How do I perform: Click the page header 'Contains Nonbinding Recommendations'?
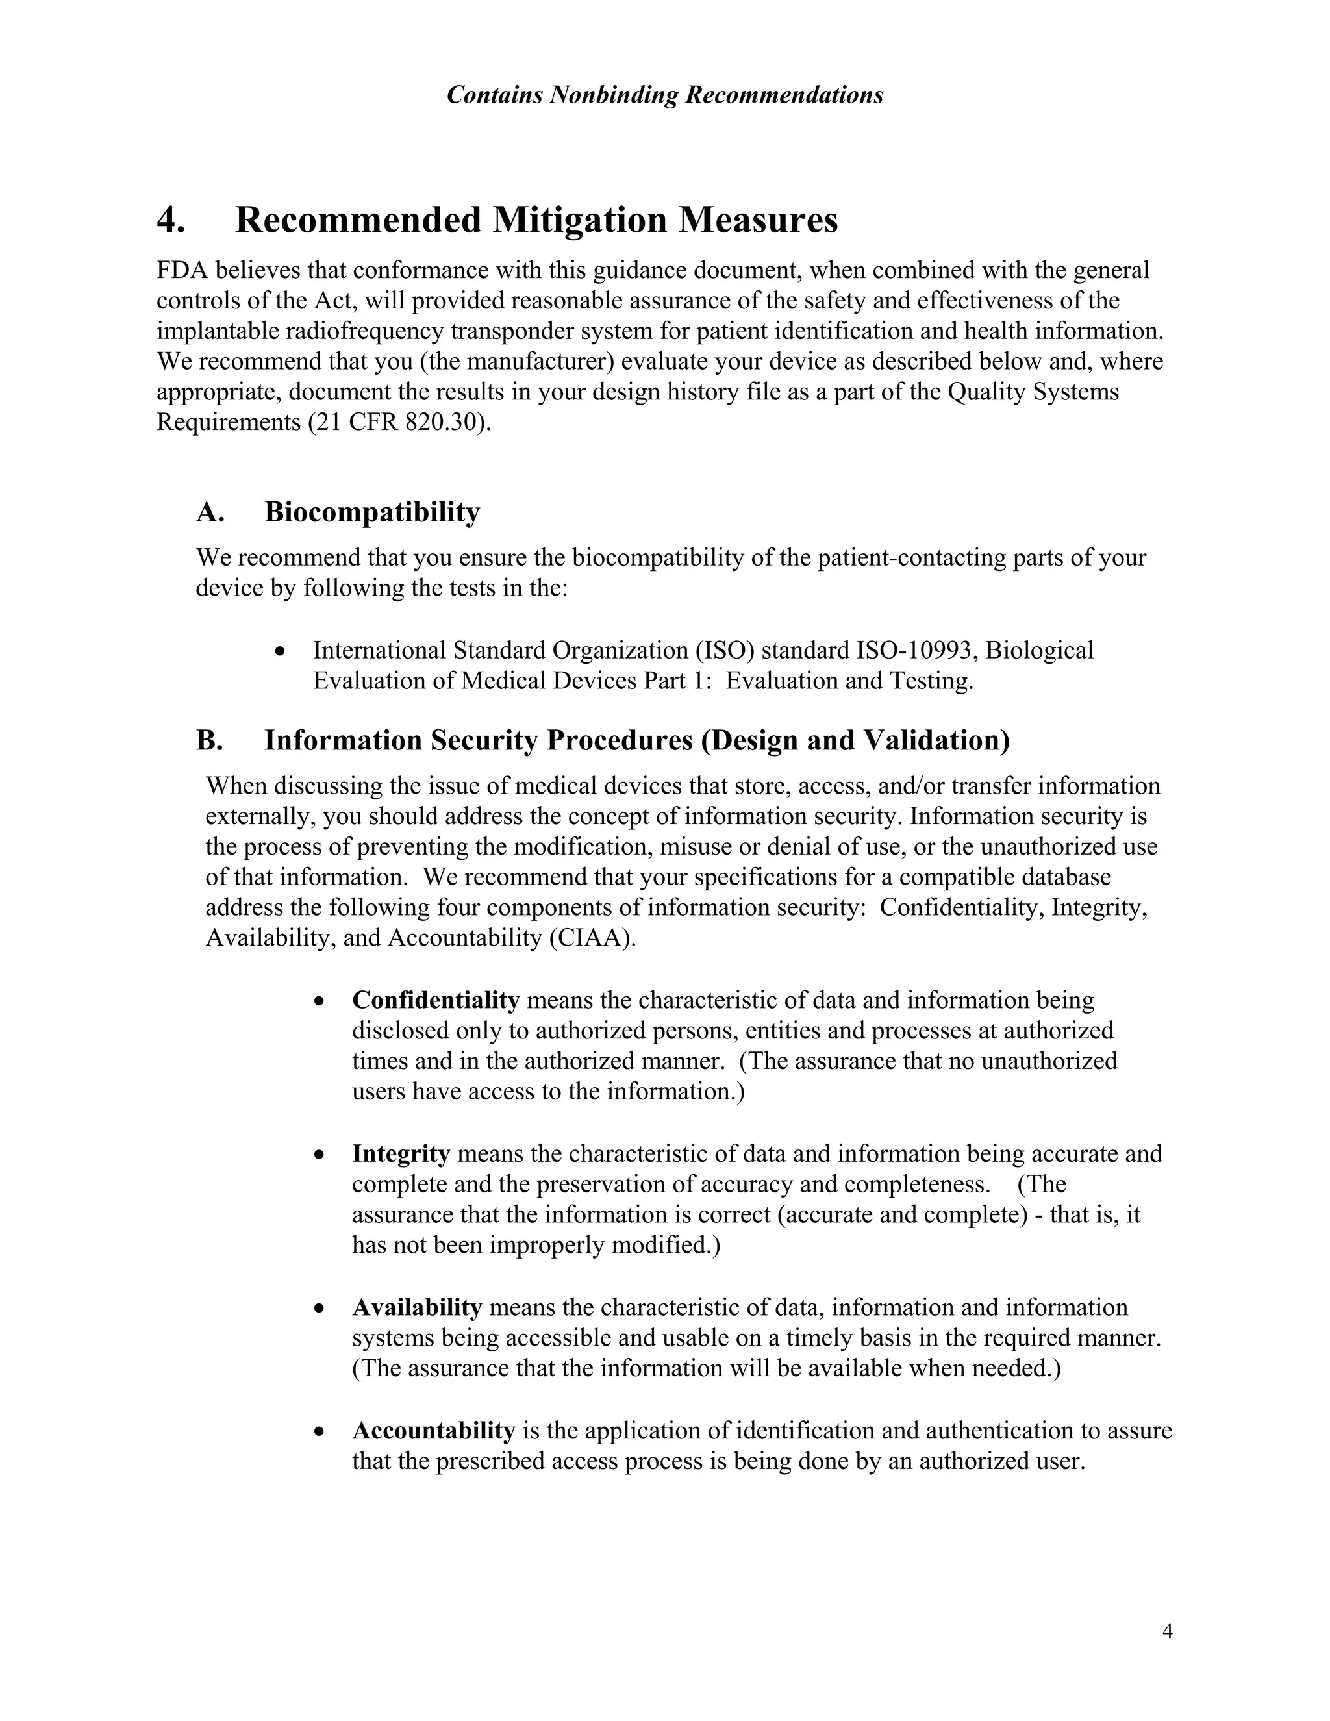coord(664,95)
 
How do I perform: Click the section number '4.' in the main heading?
coord(171,220)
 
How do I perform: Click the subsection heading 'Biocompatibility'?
coord(372,512)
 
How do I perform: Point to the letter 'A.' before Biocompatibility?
coord(210,512)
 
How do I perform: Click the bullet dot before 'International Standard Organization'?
coord(280,651)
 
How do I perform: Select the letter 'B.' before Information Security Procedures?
coord(210,741)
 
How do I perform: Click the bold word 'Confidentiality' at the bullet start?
coord(436,1000)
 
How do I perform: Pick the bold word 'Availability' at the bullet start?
coord(417,1307)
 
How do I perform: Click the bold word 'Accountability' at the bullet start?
coord(433,1430)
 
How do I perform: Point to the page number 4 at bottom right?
coord(1168,1631)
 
